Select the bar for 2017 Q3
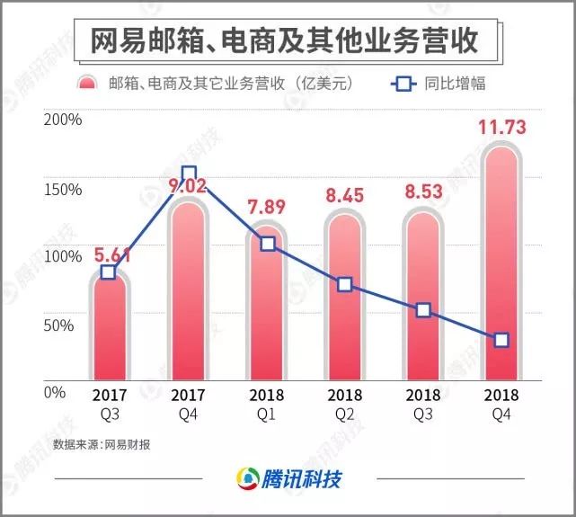click(x=108, y=333)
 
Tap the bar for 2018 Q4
click(x=501, y=270)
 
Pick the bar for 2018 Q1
click(x=267, y=306)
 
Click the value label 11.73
click(x=501, y=126)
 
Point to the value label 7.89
click(x=267, y=208)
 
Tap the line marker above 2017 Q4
click(x=189, y=174)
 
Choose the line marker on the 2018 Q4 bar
click(x=501, y=340)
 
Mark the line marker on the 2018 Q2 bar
click(x=345, y=285)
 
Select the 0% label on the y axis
click(x=55, y=393)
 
